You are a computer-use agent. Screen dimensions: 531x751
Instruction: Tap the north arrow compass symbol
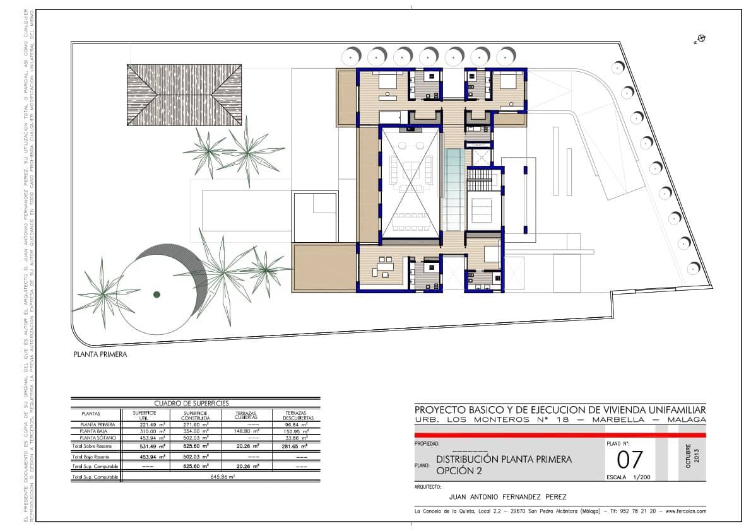(x=700, y=39)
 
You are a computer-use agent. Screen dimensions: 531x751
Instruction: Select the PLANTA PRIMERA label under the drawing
(x=100, y=354)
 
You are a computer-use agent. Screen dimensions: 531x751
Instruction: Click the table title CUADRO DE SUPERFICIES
(x=192, y=403)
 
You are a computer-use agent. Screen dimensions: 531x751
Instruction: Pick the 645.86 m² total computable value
(x=222, y=477)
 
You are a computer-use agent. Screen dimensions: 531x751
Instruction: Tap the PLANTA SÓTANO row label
(x=97, y=438)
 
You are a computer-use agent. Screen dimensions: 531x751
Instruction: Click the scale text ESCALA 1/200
(x=628, y=477)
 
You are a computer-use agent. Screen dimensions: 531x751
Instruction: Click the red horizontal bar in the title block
(x=559, y=435)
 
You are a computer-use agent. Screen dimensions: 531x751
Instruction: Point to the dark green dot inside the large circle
(x=157, y=294)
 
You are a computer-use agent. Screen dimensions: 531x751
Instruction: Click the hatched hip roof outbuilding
(x=184, y=95)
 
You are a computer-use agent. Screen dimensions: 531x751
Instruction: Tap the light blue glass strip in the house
(x=453, y=189)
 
